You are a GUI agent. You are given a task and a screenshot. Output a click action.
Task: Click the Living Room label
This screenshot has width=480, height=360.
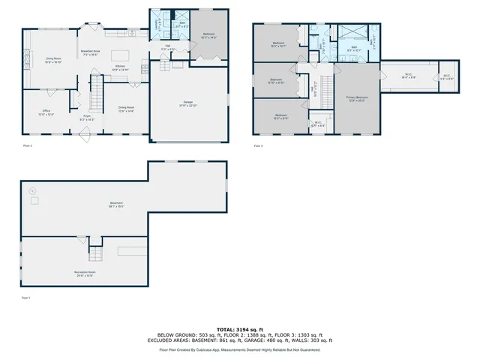click(52, 59)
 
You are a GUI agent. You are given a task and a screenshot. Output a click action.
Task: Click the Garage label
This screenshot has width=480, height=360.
click(187, 103)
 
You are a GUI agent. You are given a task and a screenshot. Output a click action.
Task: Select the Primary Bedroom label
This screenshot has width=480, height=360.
click(357, 97)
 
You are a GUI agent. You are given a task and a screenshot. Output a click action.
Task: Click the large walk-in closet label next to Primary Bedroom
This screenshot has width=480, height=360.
click(409, 75)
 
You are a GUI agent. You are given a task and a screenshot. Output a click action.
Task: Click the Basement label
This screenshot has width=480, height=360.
click(116, 204)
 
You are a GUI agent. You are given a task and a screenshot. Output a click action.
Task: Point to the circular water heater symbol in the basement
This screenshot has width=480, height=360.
click(31, 191)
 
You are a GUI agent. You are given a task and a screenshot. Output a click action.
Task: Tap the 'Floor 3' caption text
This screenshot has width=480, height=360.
click(258, 145)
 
